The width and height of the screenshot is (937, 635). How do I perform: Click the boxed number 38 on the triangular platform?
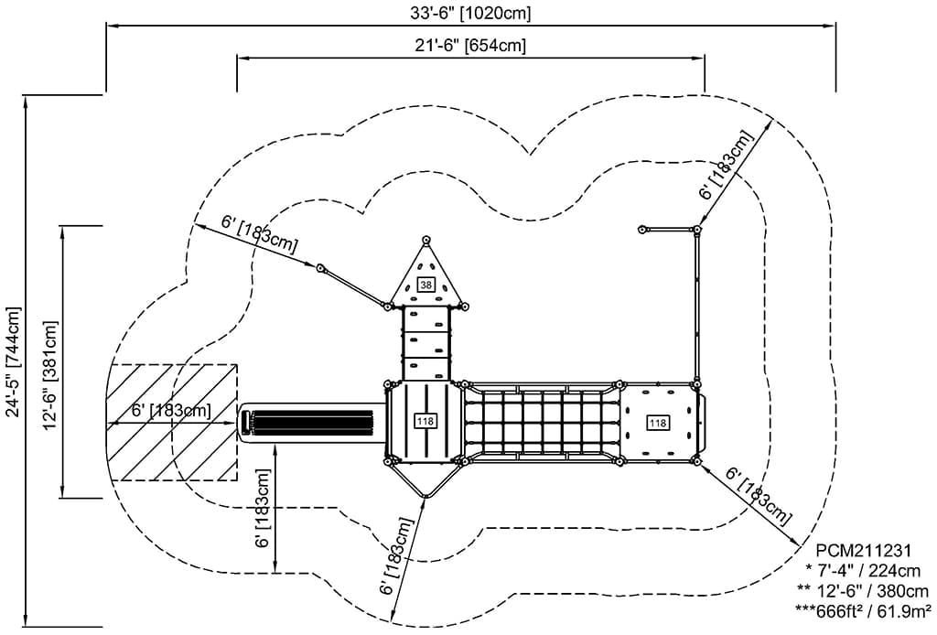pos(425,285)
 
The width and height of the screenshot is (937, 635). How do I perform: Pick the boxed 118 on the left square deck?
pos(425,421)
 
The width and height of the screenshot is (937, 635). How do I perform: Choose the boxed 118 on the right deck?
pos(656,422)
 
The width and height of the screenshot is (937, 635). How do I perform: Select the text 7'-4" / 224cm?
pos(869,570)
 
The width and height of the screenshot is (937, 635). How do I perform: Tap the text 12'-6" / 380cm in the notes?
pos(869,590)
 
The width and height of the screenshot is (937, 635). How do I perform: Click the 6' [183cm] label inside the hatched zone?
pos(171,412)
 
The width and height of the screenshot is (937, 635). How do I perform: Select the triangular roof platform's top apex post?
pos(425,240)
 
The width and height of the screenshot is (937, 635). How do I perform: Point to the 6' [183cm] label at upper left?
pos(260,233)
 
